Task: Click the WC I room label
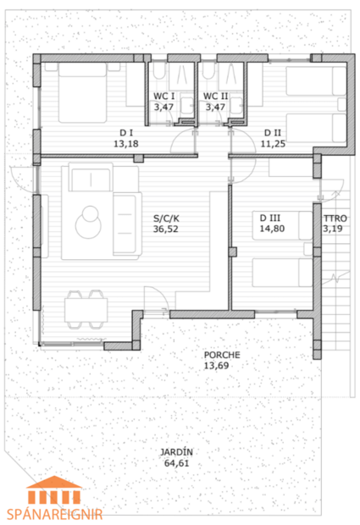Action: pos(163,97)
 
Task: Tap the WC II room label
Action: pos(214,97)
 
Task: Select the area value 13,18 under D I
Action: pos(126,144)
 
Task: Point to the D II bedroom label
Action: pos(272,133)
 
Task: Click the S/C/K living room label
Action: pos(165,217)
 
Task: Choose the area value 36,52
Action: pos(165,228)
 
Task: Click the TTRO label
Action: pos(335,217)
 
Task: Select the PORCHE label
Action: pos(222,355)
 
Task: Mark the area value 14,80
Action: pos(274,228)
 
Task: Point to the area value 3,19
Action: pos(335,228)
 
